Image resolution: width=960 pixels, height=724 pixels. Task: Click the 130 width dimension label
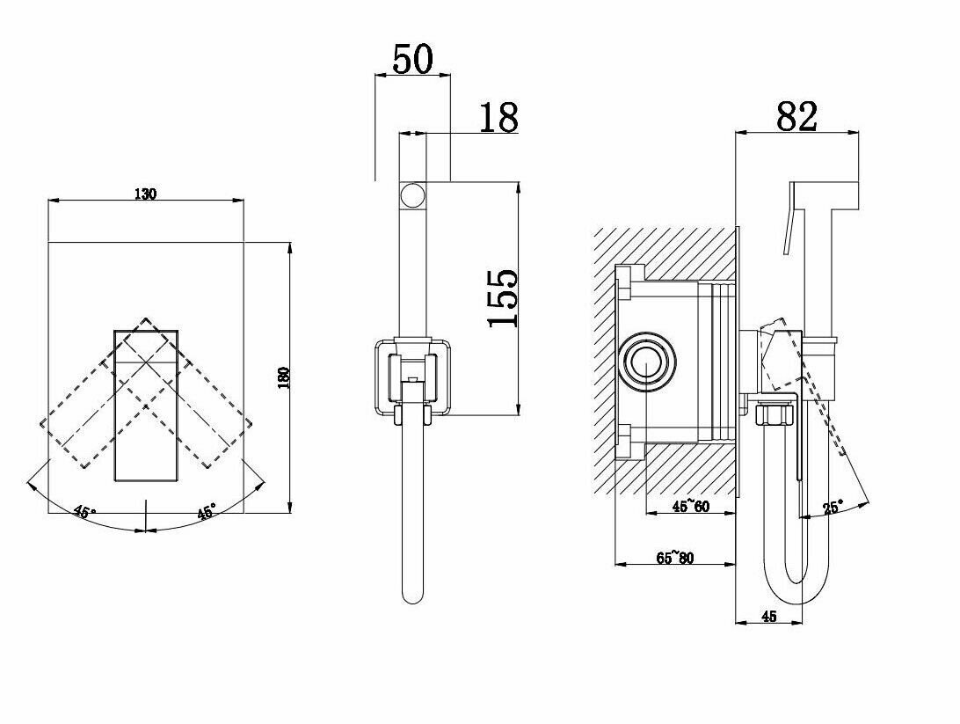pyautogui.click(x=146, y=194)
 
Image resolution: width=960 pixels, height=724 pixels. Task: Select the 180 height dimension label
pyautogui.click(x=282, y=376)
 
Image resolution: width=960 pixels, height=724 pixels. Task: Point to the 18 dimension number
pyautogui.click(x=498, y=117)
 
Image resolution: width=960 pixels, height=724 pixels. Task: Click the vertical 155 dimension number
pyautogui.click(x=504, y=298)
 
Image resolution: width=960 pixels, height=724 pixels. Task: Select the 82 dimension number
pyautogui.click(x=797, y=116)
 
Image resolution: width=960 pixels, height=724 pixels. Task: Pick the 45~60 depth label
pyautogui.click(x=690, y=506)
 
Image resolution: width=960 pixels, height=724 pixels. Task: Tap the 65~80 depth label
pyautogui.click(x=675, y=557)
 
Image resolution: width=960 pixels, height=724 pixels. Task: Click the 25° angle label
pyautogui.click(x=832, y=507)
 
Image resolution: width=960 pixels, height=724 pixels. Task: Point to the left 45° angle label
pyautogui.click(x=84, y=512)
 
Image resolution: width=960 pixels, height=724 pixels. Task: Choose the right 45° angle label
pyautogui.click(x=206, y=512)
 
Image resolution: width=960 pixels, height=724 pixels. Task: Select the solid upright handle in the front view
pyautogui.click(x=148, y=405)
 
